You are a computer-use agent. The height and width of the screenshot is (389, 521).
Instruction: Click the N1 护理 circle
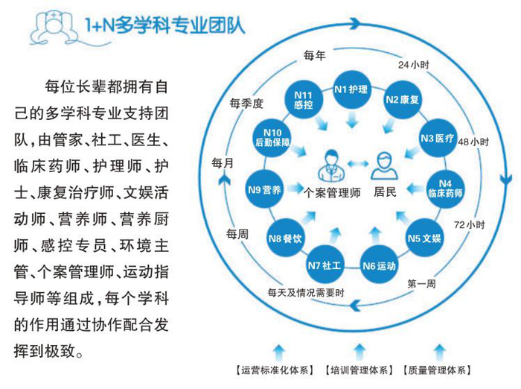(x=351, y=89)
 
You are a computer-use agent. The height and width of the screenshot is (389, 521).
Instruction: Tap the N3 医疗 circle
(x=436, y=138)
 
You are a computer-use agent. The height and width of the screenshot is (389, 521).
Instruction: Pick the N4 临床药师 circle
(x=445, y=187)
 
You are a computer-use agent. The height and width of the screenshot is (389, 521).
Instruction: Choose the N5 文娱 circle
(x=424, y=238)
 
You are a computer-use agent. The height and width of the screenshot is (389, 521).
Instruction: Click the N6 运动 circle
(x=378, y=265)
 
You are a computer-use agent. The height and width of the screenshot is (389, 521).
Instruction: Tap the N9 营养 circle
(x=263, y=189)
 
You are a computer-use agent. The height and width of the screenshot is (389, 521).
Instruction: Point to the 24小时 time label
(x=414, y=65)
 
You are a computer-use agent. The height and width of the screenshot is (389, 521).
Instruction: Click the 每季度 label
(x=247, y=104)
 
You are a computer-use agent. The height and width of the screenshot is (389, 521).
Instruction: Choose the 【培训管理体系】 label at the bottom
(x=359, y=370)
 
